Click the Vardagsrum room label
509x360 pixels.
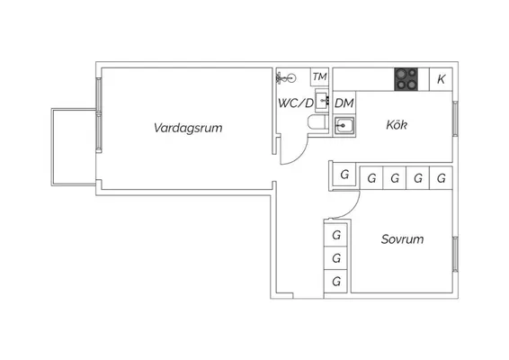coord(188,128)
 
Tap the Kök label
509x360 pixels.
coord(397,125)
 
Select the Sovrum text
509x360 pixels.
coord(402,239)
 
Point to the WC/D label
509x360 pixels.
coord(296,103)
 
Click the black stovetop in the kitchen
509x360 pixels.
coord(406,79)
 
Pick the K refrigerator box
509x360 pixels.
coord(441,79)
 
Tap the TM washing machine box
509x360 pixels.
coord(319,77)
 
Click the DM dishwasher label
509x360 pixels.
coord(344,103)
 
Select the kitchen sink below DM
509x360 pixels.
coord(344,125)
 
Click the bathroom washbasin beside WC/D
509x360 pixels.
coord(322,101)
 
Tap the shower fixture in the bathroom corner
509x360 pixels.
coord(286,78)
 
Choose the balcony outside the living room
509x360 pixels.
coord(74,147)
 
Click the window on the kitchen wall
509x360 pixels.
coord(455,118)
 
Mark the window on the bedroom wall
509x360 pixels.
coord(455,255)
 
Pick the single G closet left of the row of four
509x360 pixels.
coord(344,175)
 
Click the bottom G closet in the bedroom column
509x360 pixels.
coord(336,282)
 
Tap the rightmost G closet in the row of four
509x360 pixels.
coord(441,178)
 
